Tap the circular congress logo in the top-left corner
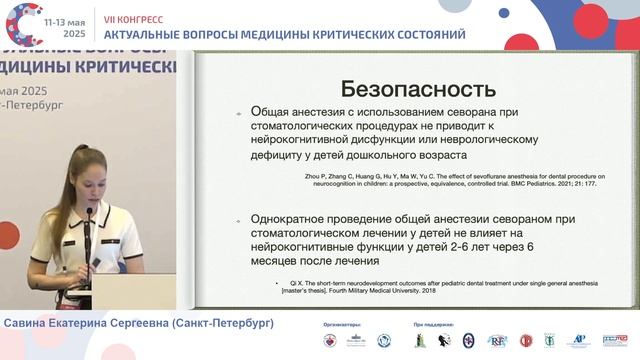[x=27, y=25]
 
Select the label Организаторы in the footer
[x=342, y=325]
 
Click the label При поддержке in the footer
[x=432, y=325]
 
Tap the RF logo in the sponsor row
[x=497, y=341]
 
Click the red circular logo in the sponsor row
[x=526, y=341]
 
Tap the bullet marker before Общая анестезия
[x=235, y=113]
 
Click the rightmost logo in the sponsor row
[x=614, y=341]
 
